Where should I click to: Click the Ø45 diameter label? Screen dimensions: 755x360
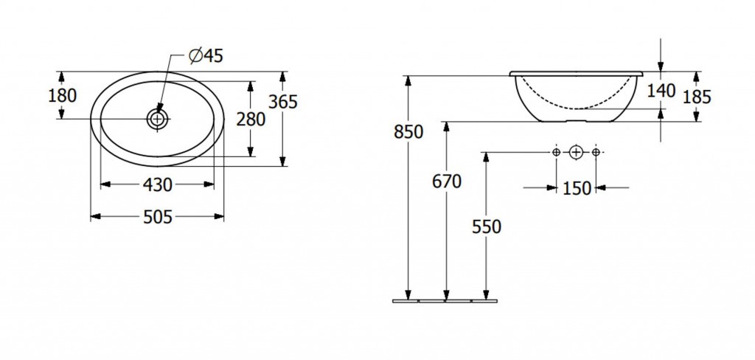point(206,56)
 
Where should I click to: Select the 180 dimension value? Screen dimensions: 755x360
point(62,96)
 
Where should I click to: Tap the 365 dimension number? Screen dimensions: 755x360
point(282,102)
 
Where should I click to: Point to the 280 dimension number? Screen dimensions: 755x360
point(251,119)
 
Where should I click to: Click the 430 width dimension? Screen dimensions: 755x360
point(158,184)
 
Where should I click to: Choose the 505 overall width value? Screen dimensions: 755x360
point(158,218)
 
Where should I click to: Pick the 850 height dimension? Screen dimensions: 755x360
point(408,131)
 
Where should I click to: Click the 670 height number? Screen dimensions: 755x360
point(446,181)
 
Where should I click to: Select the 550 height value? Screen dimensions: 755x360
point(487,226)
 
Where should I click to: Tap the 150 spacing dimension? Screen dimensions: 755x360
point(577,188)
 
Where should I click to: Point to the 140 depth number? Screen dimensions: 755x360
point(661,90)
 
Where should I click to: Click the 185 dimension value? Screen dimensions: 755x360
point(697,97)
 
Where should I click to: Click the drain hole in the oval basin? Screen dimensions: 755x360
point(158,119)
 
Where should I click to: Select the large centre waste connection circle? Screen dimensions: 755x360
point(576,152)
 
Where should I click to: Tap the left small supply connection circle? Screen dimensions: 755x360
point(556,152)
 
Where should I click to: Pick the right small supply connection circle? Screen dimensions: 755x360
point(596,152)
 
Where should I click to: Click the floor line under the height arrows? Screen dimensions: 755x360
point(445,301)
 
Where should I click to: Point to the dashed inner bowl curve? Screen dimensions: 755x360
point(576,108)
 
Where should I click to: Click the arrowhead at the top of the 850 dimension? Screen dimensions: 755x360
point(408,80)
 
